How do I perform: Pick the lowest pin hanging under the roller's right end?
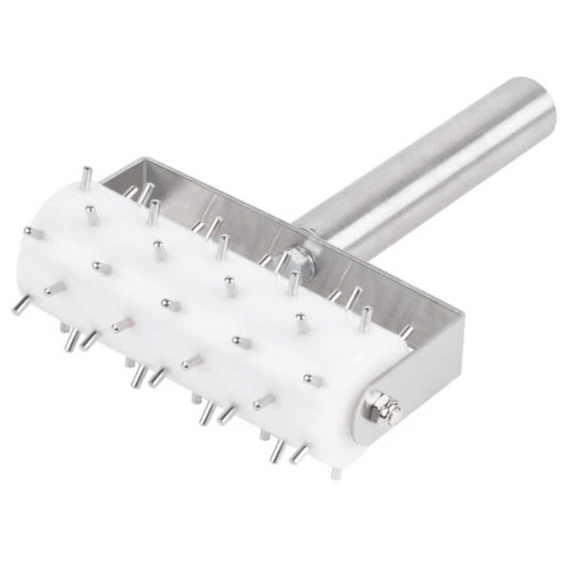[337, 473]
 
